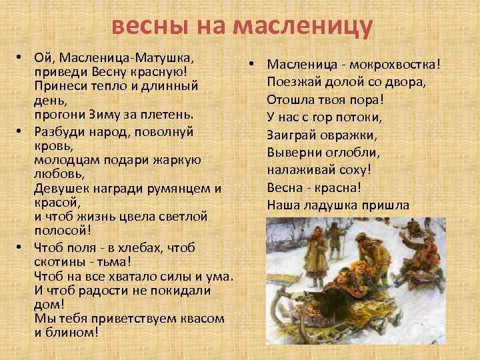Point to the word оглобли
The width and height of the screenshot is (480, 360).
point(341,151)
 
